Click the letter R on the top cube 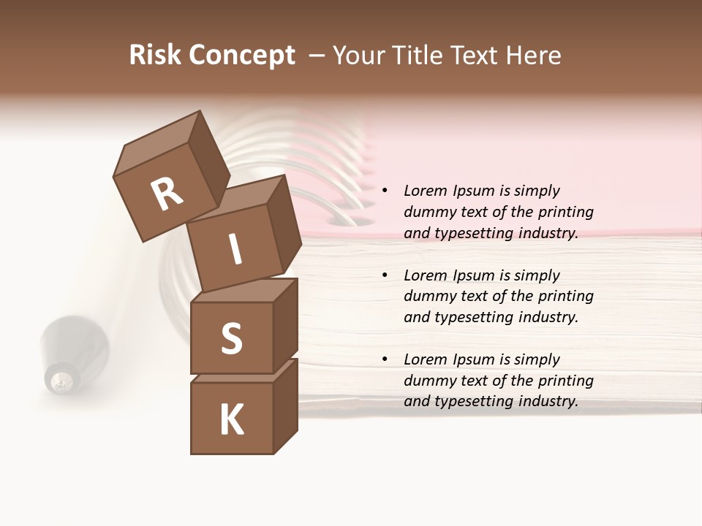click(167, 194)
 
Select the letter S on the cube click(231, 339)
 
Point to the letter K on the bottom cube click(231, 420)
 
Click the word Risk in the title click(156, 56)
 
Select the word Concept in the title click(242, 56)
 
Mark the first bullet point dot click(385, 191)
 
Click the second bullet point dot click(385, 276)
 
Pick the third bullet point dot click(385, 360)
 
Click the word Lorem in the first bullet click(425, 191)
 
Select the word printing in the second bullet click(565, 297)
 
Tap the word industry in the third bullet click(548, 401)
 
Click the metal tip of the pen click(61, 380)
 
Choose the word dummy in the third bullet click(427, 381)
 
